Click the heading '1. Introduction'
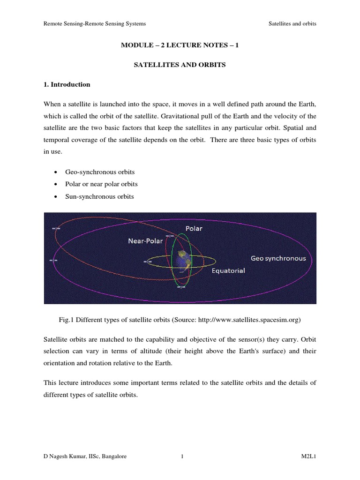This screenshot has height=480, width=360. [x=67, y=85]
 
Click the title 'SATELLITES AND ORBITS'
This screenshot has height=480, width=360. [x=180, y=65]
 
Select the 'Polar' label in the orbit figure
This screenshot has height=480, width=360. [x=194, y=229]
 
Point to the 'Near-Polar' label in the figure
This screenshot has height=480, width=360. [x=146, y=241]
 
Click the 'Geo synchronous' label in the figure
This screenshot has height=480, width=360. [x=278, y=258]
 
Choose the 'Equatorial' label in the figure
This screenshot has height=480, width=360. [x=228, y=270]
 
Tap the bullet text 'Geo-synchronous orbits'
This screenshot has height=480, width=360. [x=97, y=172]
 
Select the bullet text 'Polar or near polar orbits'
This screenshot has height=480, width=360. [x=101, y=184]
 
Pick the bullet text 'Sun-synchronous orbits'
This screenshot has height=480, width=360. [x=99, y=196]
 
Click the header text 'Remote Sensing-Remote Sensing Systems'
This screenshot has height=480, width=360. [x=94, y=24]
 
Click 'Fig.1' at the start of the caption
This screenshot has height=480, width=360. [x=66, y=320]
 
